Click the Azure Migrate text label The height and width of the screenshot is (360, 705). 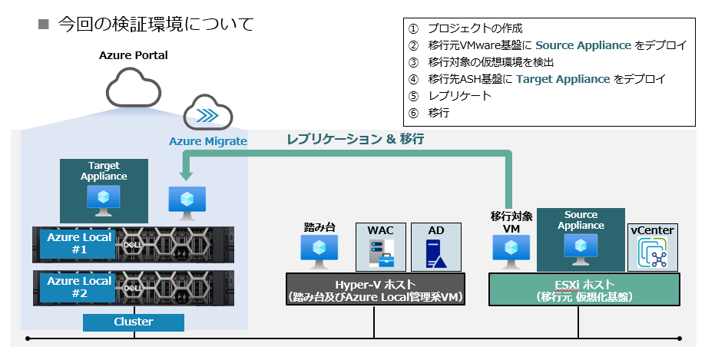point(208,141)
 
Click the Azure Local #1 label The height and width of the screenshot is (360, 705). point(79,243)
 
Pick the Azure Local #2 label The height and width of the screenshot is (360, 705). point(79,287)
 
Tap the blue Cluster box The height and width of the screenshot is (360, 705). point(133,322)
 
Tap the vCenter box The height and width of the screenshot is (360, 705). point(652,246)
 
